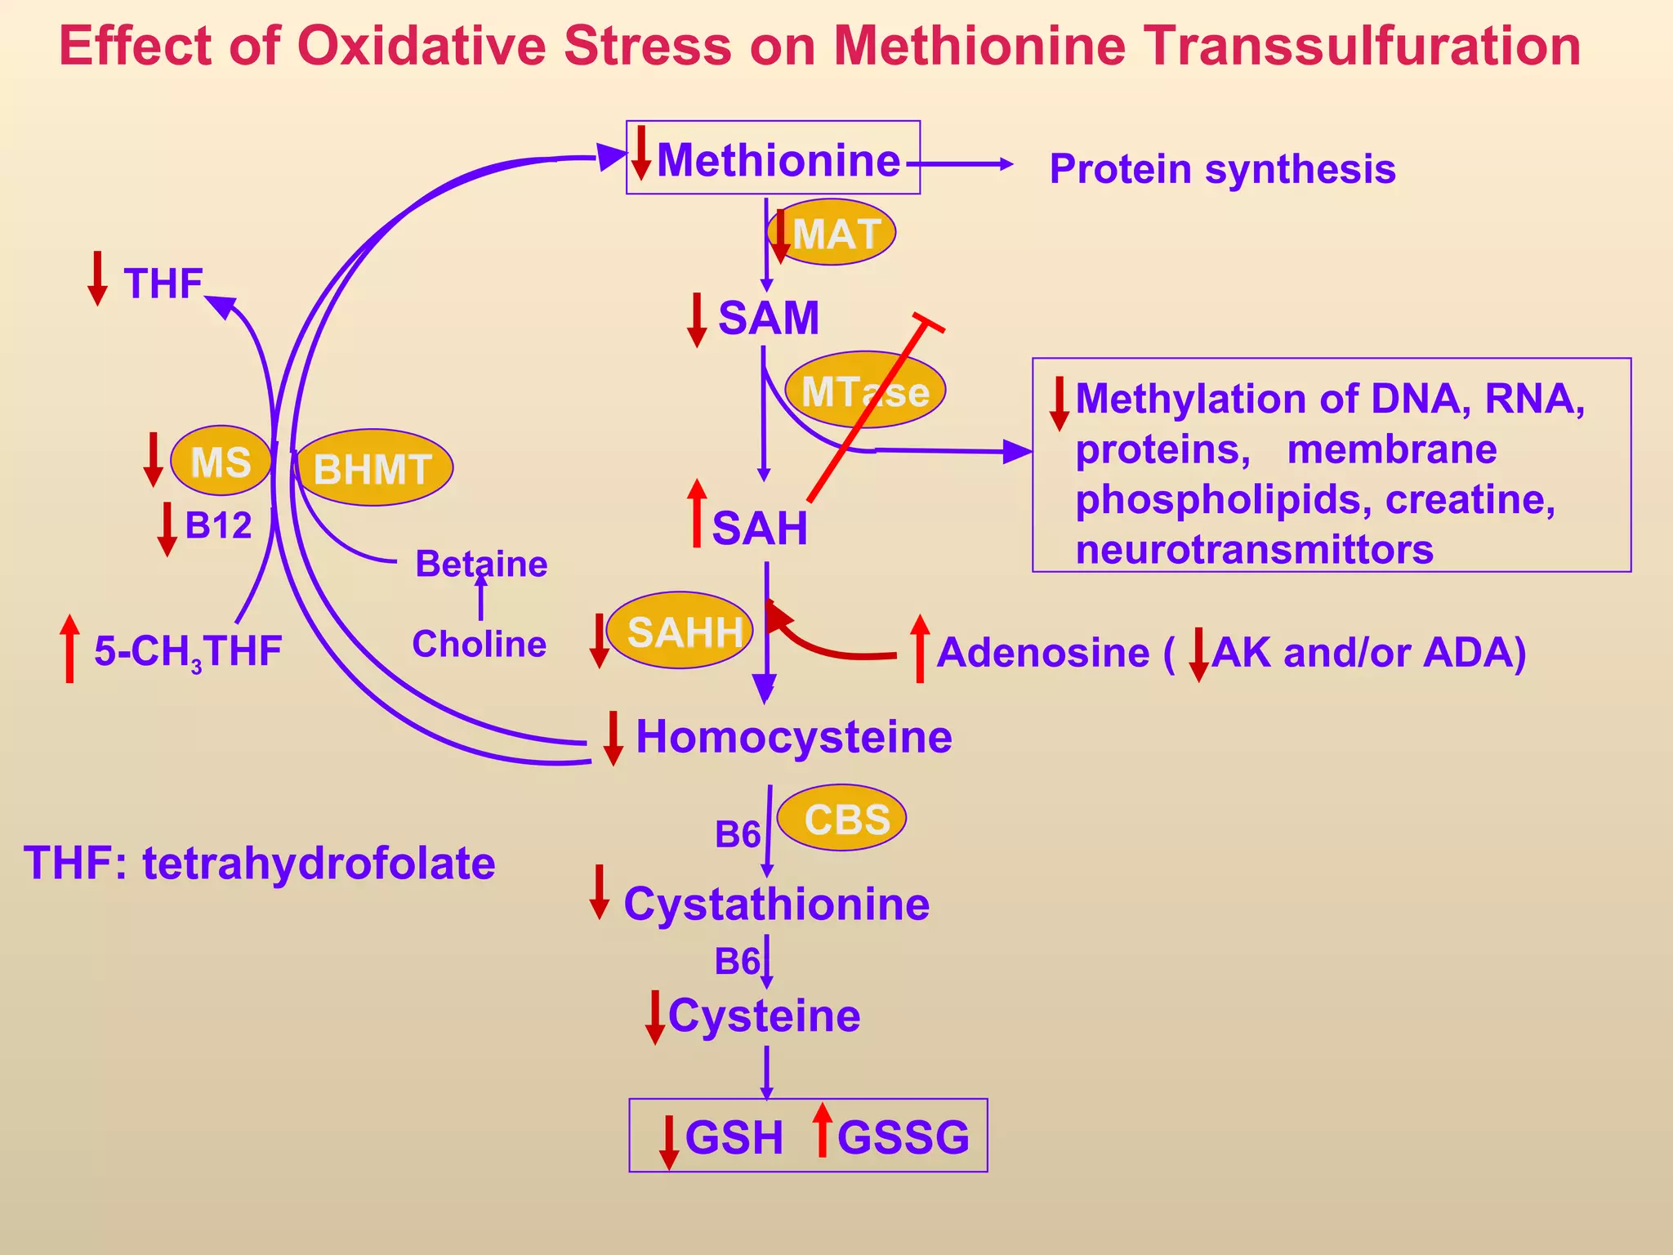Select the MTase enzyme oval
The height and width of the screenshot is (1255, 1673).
pyautogui.click(x=864, y=391)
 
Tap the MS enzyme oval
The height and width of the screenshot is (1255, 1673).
pyautogui.click(x=221, y=462)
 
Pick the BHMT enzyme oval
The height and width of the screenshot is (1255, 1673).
pyautogui.click(x=373, y=468)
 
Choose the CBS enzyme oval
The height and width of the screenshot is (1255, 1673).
pyautogui.click(x=843, y=818)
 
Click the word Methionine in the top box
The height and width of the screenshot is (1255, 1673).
pyautogui.click(x=778, y=160)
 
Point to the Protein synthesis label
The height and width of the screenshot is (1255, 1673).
pyautogui.click(x=1222, y=169)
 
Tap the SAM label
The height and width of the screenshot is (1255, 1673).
pyautogui.click(x=768, y=318)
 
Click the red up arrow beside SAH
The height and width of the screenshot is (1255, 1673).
pyautogui.click(x=697, y=513)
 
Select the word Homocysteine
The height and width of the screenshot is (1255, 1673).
pyautogui.click(x=793, y=737)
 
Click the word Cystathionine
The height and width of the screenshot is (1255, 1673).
pyautogui.click(x=776, y=904)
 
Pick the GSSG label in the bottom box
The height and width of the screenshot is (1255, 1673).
pyautogui.click(x=903, y=1137)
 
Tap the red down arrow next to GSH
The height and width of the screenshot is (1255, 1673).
pyautogui.click(x=669, y=1141)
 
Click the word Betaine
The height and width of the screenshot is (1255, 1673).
pyautogui.click(x=480, y=564)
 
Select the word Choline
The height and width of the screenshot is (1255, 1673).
pyautogui.click(x=479, y=644)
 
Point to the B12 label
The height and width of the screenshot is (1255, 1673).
pyautogui.click(x=218, y=525)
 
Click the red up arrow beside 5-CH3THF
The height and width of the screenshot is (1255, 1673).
pyautogui.click(x=70, y=647)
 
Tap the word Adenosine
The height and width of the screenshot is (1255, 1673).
pyautogui.click(x=1043, y=652)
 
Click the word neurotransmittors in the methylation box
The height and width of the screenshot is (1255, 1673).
pyautogui.click(x=1254, y=549)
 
